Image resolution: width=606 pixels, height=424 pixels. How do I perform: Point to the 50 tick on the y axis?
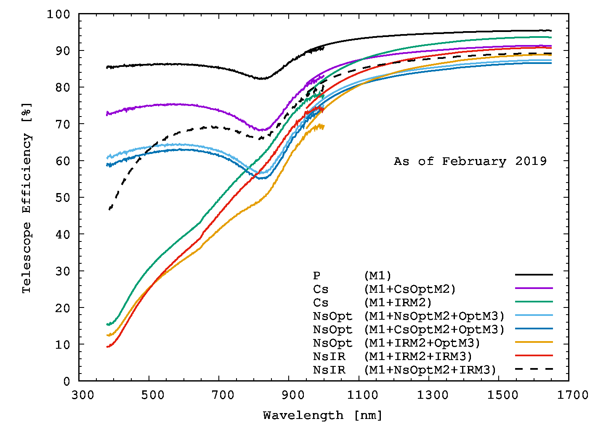[63, 198]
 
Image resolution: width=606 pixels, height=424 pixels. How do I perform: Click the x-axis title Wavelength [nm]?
[322, 416]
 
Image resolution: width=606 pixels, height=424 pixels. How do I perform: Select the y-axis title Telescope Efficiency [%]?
[27, 198]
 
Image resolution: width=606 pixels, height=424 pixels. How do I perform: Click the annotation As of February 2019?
[470, 162]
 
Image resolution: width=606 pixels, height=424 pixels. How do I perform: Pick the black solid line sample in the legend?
[534, 275]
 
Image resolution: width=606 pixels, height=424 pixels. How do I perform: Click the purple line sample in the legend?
[534, 288]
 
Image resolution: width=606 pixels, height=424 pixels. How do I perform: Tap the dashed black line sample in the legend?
[534, 369]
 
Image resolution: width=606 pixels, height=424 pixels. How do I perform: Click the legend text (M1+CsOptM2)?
[409, 289]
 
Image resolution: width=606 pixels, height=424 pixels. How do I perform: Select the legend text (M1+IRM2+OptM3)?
[422, 343]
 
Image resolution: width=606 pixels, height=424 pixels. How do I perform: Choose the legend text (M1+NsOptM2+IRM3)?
[430, 370]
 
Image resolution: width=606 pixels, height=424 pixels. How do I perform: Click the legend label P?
[316, 276]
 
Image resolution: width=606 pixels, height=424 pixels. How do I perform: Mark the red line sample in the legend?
[534, 355]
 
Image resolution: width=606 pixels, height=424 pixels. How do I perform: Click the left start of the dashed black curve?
[110, 209]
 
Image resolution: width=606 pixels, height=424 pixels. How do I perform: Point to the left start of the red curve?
[108, 347]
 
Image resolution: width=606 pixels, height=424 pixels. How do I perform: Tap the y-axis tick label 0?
[67, 381]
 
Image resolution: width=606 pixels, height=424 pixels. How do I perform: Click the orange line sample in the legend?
[534, 342]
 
